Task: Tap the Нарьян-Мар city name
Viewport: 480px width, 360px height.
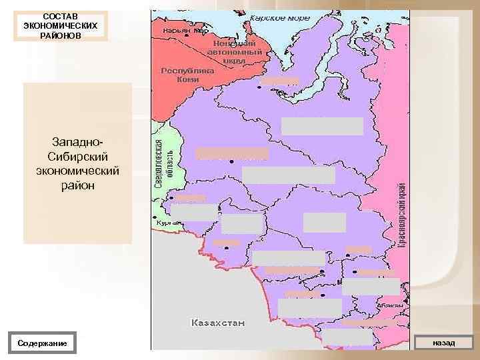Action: [181, 31]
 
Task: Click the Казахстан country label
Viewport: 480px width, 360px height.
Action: [217, 323]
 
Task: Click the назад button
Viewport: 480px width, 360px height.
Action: [443, 342]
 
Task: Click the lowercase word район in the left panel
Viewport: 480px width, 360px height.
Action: [77, 185]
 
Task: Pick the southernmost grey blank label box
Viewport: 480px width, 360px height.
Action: [347, 338]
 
